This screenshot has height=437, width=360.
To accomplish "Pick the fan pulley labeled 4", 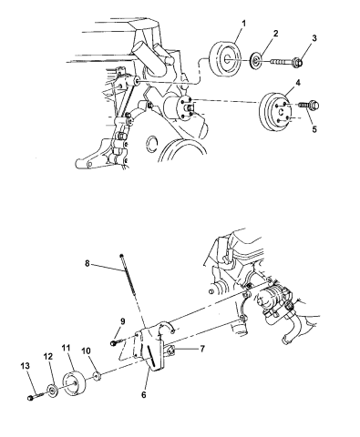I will (273, 114).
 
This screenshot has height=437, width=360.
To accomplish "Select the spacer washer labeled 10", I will (95, 375).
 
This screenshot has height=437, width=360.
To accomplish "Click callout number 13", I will (26, 365).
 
